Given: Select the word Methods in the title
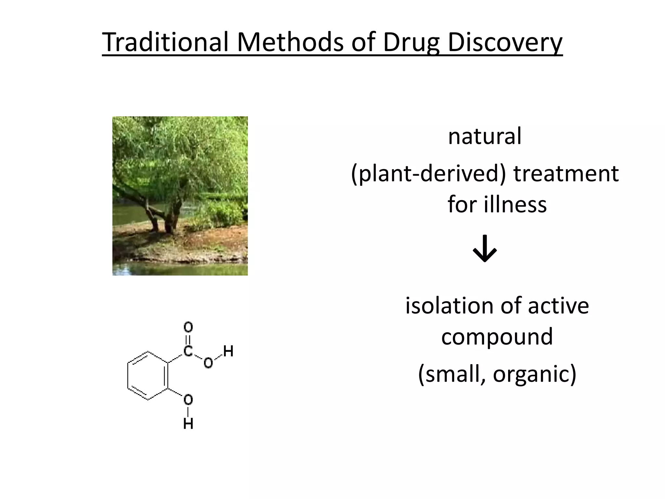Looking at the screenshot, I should click(290, 42).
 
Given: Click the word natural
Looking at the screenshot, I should click(484, 136).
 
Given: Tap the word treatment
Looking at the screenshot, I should click(566, 173).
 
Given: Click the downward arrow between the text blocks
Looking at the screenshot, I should click(484, 249).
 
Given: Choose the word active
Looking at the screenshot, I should click(558, 306).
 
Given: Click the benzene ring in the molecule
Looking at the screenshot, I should click(148, 376).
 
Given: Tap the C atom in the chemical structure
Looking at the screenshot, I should click(188, 351).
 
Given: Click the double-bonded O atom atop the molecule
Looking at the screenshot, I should click(188, 327).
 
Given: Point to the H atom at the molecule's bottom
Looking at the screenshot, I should click(188, 424).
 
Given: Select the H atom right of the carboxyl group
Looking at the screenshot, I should click(228, 351).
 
